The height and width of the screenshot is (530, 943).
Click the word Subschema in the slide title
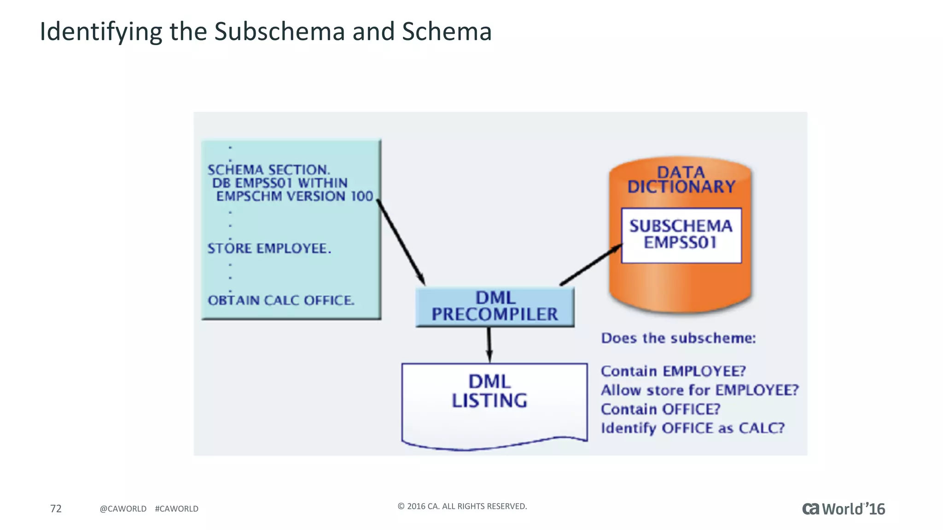tap(279, 32)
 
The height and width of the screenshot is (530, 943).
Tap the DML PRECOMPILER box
tap(495, 306)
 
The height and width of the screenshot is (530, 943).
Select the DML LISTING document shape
tap(494, 403)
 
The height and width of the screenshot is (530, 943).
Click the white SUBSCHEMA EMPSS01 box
tap(681, 235)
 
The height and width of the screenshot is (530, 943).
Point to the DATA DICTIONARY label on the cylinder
tap(681, 179)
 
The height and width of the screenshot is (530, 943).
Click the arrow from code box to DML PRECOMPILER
tap(401, 242)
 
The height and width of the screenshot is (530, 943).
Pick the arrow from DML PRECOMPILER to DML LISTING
tap(489, 345)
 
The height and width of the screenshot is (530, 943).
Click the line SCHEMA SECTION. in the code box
tap(268, 170)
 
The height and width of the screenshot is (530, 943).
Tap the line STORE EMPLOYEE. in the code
tap(269, 248)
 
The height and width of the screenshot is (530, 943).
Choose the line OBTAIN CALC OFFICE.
tap(281, 300)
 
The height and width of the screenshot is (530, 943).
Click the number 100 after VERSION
tap(362, 196)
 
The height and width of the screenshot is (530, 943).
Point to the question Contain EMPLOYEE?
tap(673, 371)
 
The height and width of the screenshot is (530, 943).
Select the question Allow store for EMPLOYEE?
tap(699, 390)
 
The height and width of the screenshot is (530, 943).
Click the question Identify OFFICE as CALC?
tap(692, 428)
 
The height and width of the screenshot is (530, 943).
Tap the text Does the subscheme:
tap(678, 338)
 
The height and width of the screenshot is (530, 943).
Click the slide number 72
tap(56, 508)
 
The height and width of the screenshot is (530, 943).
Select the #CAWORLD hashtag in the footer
tap(176, 509)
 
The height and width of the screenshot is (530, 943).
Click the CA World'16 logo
tap(843, 509)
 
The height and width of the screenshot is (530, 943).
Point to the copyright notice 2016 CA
tap(462, 506)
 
